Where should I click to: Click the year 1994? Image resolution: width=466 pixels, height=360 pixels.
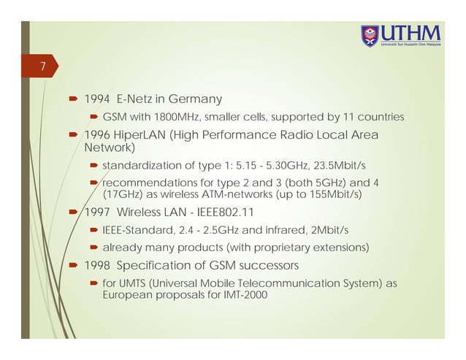click(97, 99)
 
